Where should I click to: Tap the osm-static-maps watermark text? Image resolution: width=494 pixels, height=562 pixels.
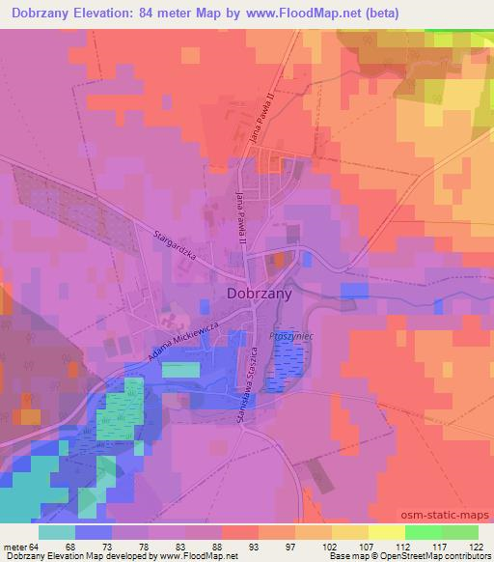pyautogui.click(x=453, y=516)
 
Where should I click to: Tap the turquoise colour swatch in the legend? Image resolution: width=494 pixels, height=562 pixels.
pyautogui.click(x=57, y=531)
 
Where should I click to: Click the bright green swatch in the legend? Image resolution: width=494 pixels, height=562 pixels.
pyautogui.click(x=424, y=531)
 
